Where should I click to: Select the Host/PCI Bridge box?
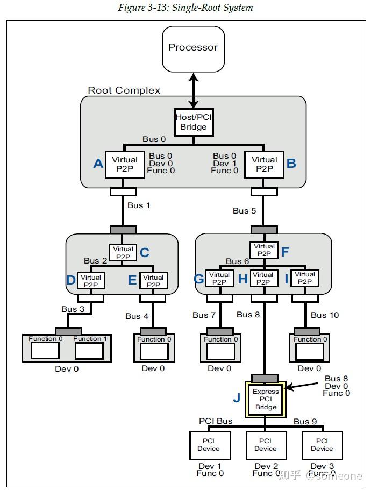coord(193,123)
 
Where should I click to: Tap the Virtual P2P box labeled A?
coord(125,164)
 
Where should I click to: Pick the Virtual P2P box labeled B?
coord(264,164)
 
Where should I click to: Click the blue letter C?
coord(145,253)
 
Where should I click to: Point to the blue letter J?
coord(237,398)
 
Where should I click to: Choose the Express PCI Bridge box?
coord(266,400)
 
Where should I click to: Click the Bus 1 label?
coord(139,205)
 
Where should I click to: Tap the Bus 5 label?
coord(245,210)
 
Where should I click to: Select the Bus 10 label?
coord(325,315)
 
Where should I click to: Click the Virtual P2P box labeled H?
coord(263,279)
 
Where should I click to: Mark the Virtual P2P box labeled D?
coord(91,281)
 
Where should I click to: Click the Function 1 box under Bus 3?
coord(90,348)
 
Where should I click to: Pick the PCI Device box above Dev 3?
coord(322,445)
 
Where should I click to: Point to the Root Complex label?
coord(124,90)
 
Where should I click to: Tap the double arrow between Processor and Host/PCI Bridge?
coord(193,90)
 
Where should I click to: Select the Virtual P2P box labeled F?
coord(264,250)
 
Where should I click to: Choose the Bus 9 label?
coord(305,421)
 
